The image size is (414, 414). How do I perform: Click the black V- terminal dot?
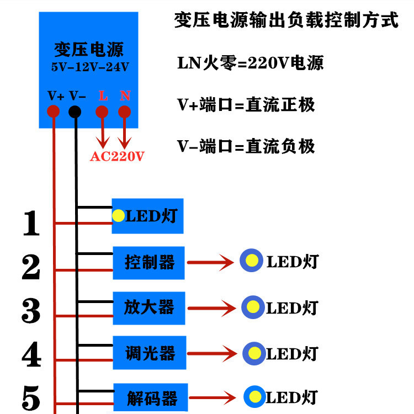click(75, 112)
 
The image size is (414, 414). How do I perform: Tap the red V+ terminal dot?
click(53, 111)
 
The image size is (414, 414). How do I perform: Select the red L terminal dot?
click(102, 112)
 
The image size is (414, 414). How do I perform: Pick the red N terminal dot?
click(124, 112)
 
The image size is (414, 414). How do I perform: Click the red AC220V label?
click(117, 156)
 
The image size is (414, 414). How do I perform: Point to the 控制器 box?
click(148, 263)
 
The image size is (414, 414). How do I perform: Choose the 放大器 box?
click(149, 308)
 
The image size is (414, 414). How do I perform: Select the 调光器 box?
click(150, 353)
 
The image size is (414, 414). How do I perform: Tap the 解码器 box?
click(151, 397)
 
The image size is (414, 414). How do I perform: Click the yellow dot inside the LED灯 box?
click(118, 215)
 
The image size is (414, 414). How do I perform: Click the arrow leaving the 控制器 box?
click(210, 262)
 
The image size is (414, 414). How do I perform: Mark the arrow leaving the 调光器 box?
click(212, 353)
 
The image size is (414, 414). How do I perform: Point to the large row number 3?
click(31, 310)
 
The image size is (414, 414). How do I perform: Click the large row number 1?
click(31, 223)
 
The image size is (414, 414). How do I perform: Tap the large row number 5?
click(31, 397)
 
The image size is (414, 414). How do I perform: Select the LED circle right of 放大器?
click(253, 307)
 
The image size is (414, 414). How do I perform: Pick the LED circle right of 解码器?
click(255, 396)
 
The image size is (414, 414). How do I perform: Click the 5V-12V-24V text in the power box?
click(90, 67)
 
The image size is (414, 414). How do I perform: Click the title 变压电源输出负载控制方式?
click(286, 19)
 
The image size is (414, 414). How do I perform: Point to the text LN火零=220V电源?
click(250, 63)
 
